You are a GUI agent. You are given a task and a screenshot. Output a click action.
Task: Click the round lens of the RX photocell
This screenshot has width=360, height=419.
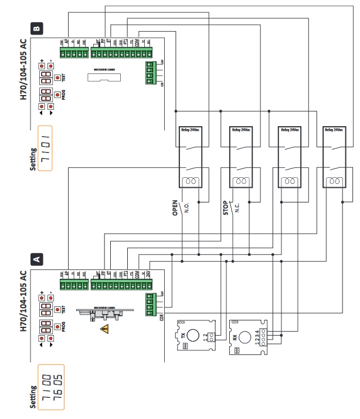tap(242, 338)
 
